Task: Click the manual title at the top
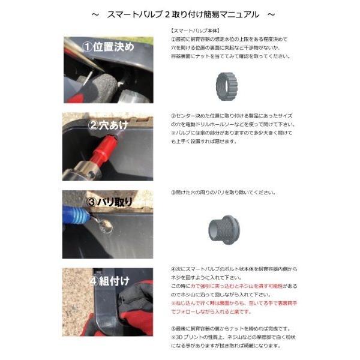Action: [x=180, y=13]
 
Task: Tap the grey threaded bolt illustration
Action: [x=225, y=227]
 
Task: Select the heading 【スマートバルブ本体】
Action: [x=191, y=30]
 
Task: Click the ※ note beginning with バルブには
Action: [x=204, y=133]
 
